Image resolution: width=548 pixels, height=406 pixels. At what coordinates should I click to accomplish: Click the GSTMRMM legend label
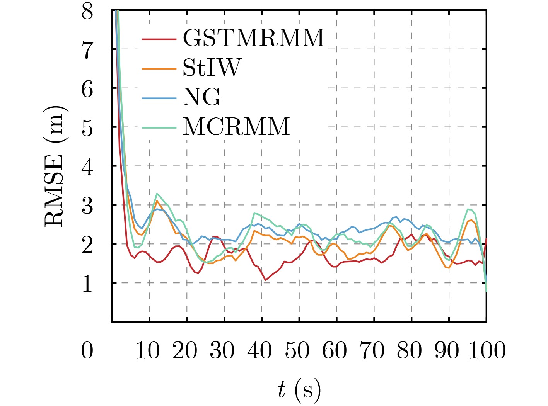(253, 38)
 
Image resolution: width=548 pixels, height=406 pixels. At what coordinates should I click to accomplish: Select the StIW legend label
(212, 68)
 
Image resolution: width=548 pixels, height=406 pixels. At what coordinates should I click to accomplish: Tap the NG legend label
(201, 97)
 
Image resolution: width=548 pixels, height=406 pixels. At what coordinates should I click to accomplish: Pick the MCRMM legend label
(236, 127)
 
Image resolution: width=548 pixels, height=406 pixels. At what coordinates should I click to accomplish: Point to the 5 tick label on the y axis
(87, 127)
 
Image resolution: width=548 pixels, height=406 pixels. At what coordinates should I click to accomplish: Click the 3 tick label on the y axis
(87, 206)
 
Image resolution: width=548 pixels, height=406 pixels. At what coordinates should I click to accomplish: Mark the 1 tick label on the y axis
(87, 284)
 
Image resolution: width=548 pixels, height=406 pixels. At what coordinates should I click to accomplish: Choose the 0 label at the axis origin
(87, 351)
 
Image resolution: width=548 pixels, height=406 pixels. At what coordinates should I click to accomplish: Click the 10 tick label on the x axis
(147, 351)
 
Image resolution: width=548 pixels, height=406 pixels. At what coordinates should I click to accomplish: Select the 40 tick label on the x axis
(260, 351)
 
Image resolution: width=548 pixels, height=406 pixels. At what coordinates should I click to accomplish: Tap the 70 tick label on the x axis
(372, 351)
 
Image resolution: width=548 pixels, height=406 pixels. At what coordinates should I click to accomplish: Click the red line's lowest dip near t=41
(265, 280)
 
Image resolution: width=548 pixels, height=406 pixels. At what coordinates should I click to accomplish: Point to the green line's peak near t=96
(469, 209)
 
